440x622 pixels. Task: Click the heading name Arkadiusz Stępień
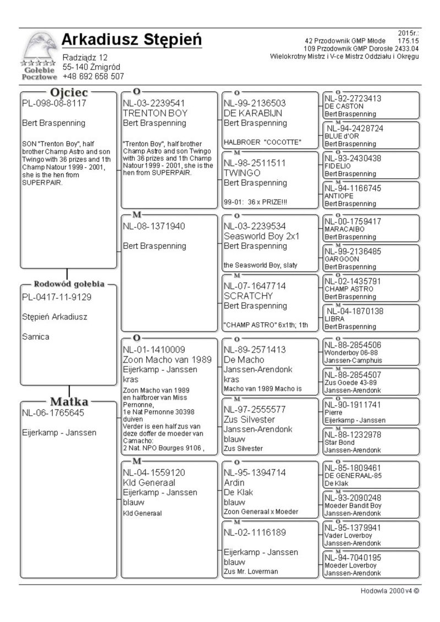point(131,40)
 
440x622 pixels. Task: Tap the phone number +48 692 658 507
point(93,76)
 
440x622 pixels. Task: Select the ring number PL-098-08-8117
point(54,103)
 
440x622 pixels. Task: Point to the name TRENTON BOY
point(155,113)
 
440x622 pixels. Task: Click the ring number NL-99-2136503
point(255,103)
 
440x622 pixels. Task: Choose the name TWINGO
point(243,173)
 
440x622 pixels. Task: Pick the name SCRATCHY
point(245,296)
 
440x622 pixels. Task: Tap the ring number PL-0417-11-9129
point(57,297)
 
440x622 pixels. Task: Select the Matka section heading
point(69,401)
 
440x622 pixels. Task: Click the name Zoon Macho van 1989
point(167,359)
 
